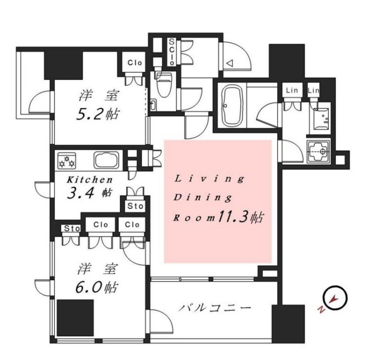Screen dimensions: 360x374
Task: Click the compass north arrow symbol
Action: point(335,298)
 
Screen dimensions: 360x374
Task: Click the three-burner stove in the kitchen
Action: point(67,160)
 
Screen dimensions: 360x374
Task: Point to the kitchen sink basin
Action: point(104,160)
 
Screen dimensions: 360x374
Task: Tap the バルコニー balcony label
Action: point(214,308)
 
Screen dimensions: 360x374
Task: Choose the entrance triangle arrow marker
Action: point(231,63)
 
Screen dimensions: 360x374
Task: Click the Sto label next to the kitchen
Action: point(135,206)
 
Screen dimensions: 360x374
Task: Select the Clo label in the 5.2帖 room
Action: point(134,62)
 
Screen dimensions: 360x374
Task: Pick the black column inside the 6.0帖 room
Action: point(75,317)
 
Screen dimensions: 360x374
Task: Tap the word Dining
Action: point(202,198)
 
